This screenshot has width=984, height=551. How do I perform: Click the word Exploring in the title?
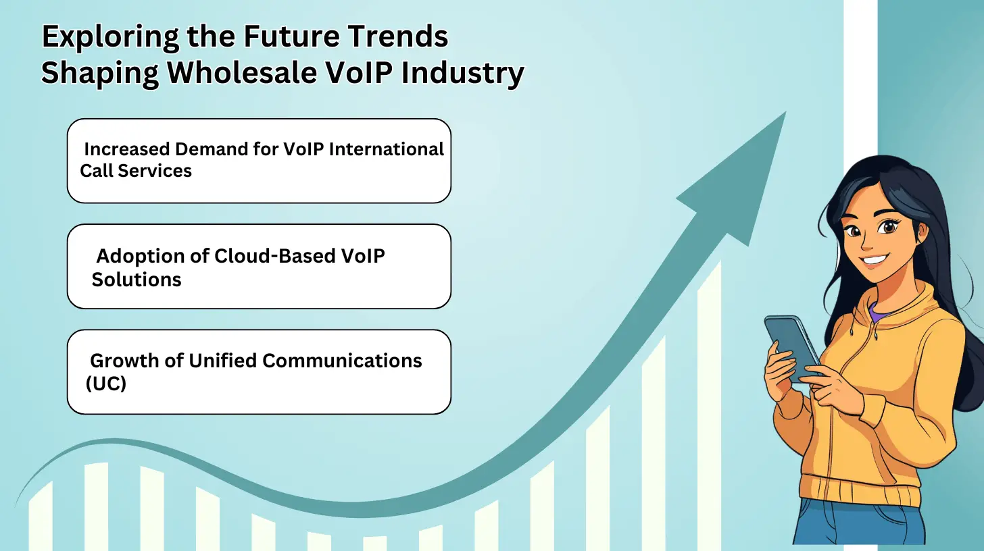click(x=110, y=37)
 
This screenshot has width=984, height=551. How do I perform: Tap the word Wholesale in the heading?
click(x=242, y=72)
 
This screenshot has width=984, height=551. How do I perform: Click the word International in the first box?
click(x=387, y=149)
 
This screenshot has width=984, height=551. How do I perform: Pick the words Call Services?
click(x=136, y=171)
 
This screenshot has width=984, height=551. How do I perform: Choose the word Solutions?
click(x=137, y=280)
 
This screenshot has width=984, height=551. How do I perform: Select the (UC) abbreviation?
click(x=106, y=384)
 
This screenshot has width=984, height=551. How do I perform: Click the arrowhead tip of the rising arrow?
click(x=785, y=112)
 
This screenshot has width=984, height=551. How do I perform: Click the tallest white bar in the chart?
click(x=709, y=406)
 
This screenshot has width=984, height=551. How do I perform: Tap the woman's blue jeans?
click(x=861, y=525)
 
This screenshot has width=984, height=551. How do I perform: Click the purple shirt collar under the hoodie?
click(x=875, y=312)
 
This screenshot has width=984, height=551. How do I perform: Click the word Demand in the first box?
click(x=212, y=149)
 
